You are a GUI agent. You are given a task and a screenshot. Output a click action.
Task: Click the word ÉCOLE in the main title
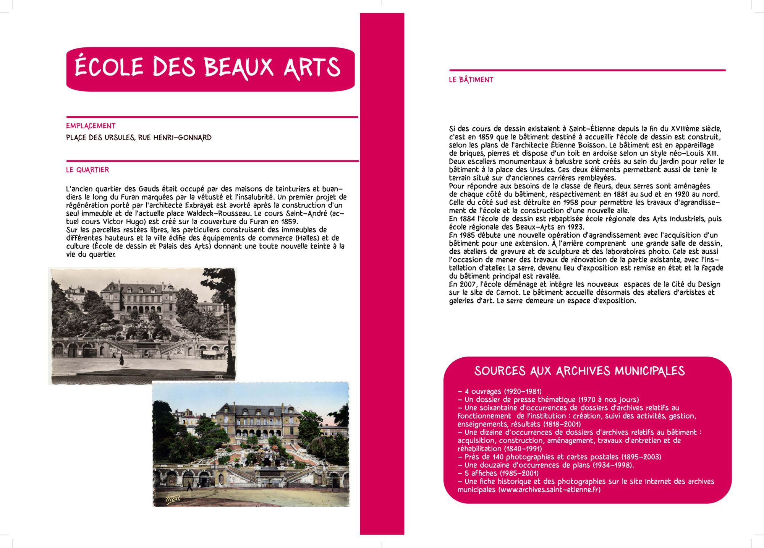pos(109,67)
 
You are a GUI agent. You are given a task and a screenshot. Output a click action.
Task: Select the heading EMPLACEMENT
pos(91,126)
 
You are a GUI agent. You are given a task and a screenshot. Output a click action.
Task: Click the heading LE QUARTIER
pos(87,170)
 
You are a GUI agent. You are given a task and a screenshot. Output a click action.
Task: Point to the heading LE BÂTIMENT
pos(471,80)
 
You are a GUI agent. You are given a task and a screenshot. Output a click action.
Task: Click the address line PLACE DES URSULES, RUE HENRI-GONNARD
pos(139,138)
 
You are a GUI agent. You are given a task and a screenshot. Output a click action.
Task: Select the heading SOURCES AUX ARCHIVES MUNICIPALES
pos(579,371)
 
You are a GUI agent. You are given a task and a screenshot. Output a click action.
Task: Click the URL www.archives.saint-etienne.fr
pos(549,490)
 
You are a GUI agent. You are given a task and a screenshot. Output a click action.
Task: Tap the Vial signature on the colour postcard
pos(173,499)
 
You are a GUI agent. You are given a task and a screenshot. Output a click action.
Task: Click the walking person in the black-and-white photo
pos(121,360)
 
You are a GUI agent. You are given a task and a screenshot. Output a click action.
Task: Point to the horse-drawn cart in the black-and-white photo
pos(213,355)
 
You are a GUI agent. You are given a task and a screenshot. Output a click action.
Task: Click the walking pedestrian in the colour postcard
pos(189,486)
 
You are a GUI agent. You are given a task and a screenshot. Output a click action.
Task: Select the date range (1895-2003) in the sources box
pos(641,457)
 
